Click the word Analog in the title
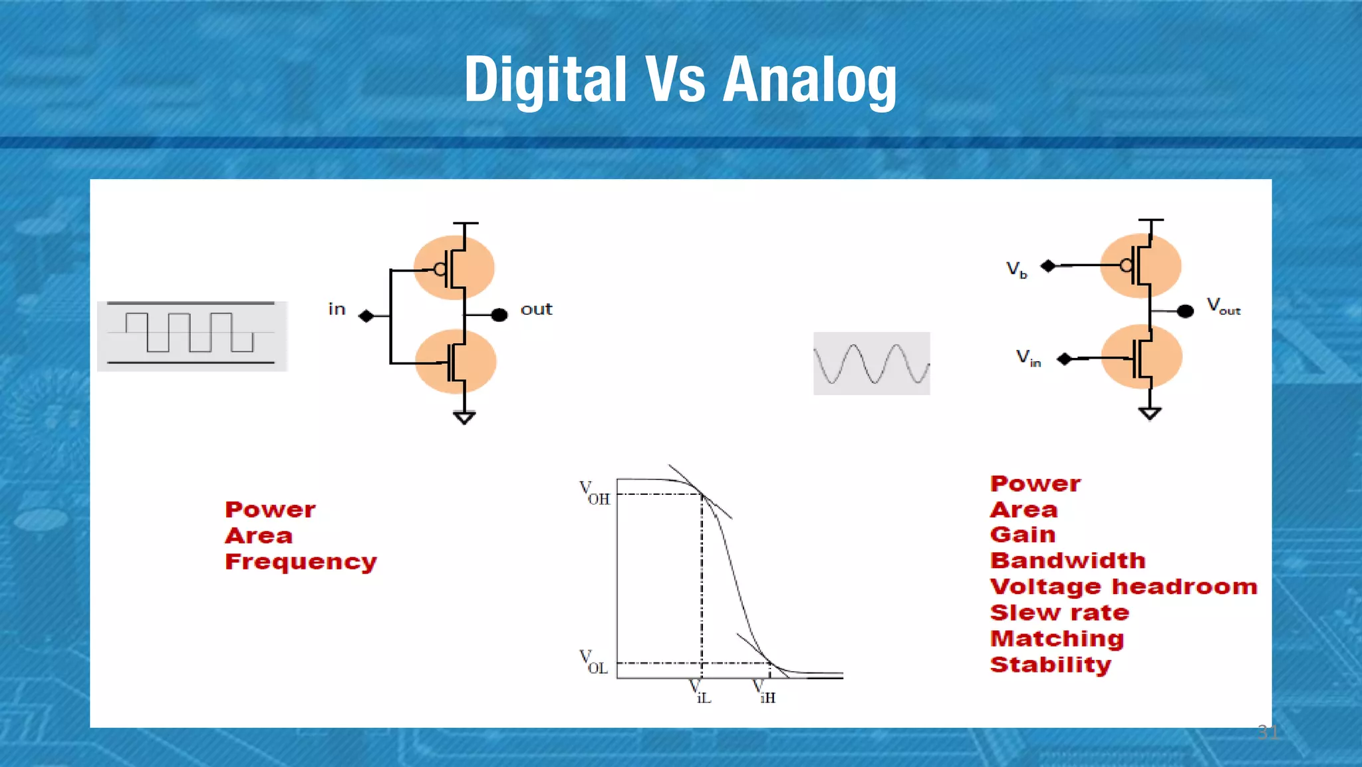click(809, 81)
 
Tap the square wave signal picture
click(192, 335)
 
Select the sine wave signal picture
click(871, 363)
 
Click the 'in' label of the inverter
click(337, 309)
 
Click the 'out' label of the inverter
click(536, 309)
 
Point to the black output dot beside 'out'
click(499, 315)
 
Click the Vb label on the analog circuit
click(1016, 269)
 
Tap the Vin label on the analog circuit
click(1027, 358)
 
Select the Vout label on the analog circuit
click(1223, 306)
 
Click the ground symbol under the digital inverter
click(464, 418)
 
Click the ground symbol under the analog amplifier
click(1150, 413)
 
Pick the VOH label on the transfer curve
click(594, 494)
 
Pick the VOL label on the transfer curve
click(593, 663)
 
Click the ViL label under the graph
click(700, 692)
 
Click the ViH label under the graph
click(764, 692)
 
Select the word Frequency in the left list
click(301, 562)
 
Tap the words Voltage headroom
click(1123, 587)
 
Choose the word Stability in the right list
click(1050, 665)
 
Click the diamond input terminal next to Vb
click(1048, 266)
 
